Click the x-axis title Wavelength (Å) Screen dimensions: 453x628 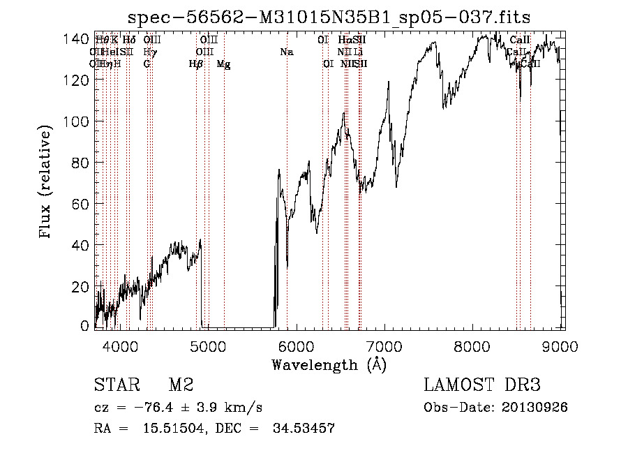click(x=329, y=364)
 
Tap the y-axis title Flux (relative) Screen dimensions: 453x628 click(x=47, y=182)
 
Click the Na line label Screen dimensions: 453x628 click(x=287, y=52)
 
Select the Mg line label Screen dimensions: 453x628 click(x=223, y=64)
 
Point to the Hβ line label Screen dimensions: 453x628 click(x=196, y=64)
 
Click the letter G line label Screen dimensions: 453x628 click(x=147, y=64)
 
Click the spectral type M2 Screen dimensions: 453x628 click(x=181, y=386)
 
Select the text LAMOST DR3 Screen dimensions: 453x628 click(x=482, y=385)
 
